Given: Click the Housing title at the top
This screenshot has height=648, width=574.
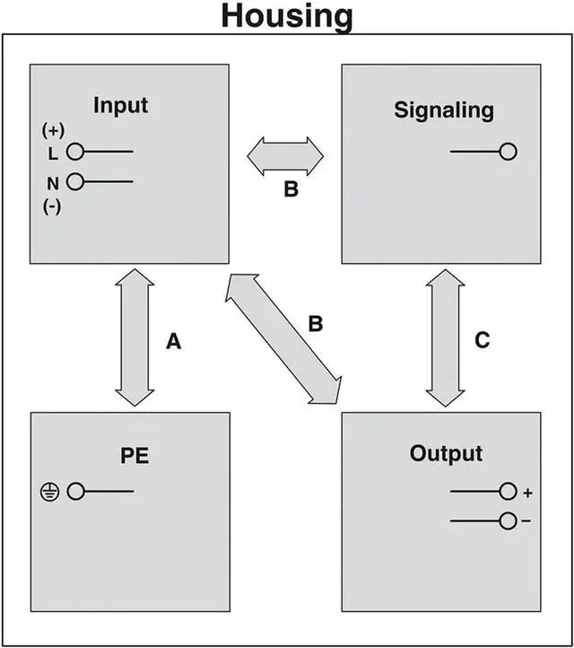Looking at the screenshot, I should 287,16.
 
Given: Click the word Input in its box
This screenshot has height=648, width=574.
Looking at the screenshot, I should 121,105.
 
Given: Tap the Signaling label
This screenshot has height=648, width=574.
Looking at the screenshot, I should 444,110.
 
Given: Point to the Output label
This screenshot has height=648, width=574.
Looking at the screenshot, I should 446,453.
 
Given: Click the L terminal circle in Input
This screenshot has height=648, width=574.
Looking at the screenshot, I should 75,153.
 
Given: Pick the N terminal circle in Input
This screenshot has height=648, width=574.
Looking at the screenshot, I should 75,182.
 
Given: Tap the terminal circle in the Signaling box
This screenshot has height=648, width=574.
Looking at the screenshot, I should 509,152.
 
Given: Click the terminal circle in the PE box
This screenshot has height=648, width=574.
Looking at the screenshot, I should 76,491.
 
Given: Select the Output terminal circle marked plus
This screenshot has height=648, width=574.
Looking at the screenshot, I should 509,491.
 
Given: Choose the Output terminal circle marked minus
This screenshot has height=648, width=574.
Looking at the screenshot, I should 509,521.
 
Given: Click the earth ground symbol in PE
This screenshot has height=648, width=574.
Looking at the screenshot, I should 49,491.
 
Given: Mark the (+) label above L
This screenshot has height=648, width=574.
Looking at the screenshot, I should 51,130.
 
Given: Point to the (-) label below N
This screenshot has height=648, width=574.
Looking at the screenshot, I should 51,205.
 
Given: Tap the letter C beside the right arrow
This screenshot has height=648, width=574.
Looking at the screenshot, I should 483,340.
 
